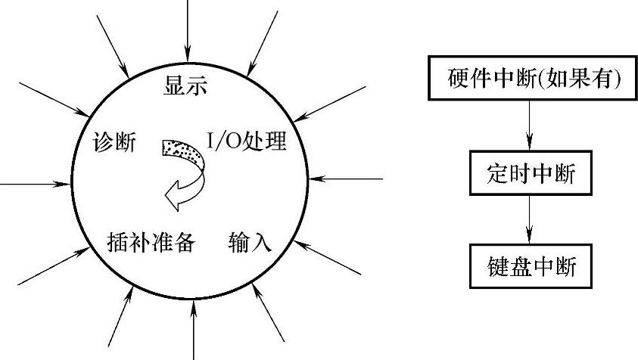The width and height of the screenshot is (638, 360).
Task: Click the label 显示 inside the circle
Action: click(186, 85)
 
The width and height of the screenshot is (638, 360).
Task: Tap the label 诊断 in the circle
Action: click(114, 141)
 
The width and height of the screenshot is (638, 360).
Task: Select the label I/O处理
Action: click(247, 141)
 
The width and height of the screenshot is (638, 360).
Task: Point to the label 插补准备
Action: click(152, 243)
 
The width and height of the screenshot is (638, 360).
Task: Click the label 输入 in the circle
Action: click(250, 243)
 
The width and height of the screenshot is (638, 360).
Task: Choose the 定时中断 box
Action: click(529, 175)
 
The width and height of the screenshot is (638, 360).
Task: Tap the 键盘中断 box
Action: click(529, 266)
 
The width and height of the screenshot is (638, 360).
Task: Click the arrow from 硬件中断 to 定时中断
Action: click(529, 124)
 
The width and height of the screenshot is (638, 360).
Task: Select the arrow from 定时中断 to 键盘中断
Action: click(529, 221)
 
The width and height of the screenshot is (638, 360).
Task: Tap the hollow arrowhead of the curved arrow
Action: click(176, 197)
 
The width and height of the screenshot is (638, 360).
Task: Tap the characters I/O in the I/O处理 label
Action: click(221, 141)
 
